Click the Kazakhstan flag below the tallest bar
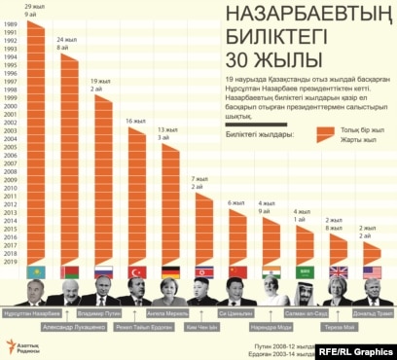click(x=38, y=272)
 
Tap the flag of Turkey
click(x=138, y=272)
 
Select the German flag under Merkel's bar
click(x=171, y=272)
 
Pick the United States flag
click(x=372, y=272)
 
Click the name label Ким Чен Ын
click(x=203, y=329)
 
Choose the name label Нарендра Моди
click(x=269, y=329)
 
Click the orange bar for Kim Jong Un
click(x=204, y=229)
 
